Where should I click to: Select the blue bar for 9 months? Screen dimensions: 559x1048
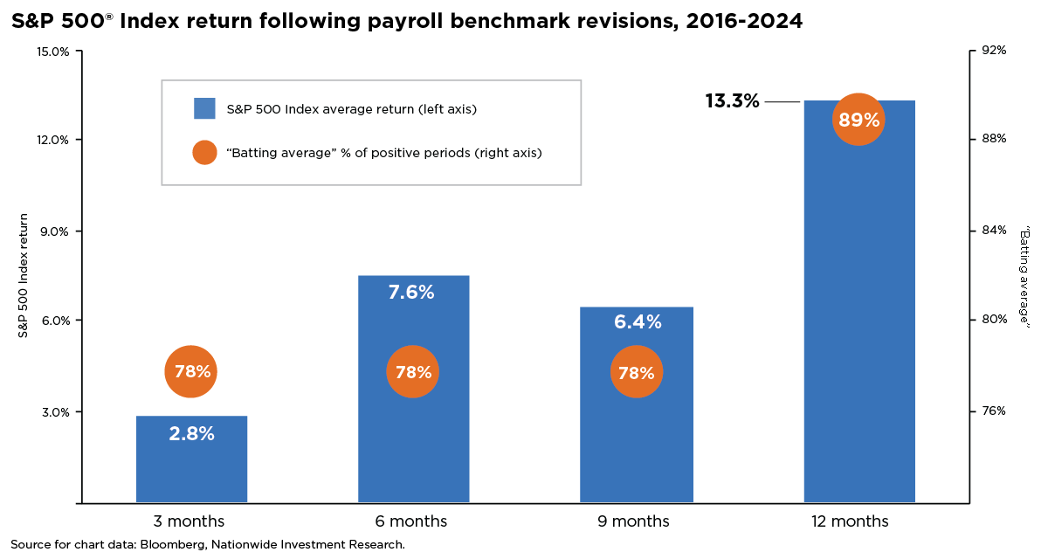(x=636, y=437)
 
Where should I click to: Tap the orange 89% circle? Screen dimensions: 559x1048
(x=858, y=120)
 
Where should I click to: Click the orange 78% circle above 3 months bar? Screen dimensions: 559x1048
(x=191, y=371)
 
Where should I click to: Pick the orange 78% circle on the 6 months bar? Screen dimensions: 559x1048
(x=413, y=372)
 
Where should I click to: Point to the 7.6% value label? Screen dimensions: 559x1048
(x=411, y=293)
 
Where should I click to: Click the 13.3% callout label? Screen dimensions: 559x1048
(x=732, y=101)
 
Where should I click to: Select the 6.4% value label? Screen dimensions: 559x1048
(x=638, y=322)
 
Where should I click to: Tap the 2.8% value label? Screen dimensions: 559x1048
(x=191, y=433)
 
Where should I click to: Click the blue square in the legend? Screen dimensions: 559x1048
(x=204, y=108)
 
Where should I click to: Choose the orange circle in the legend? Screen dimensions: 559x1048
(x=204, y=153)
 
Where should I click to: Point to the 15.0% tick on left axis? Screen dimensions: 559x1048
(x=54, y=52)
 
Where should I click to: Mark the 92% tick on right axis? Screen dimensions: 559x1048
(x=995, y=51)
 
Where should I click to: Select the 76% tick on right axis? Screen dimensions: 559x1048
(x=995, y=411)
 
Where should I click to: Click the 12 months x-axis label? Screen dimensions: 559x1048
(x=848, y=521)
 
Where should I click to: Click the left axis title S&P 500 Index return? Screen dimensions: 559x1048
(x=24, y=275)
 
